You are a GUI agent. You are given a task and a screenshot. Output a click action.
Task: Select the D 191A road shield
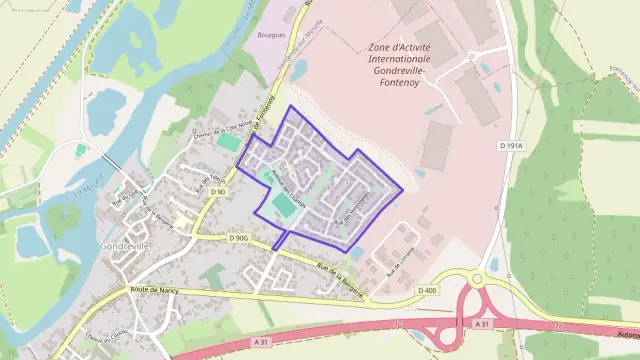[x=511, y=146]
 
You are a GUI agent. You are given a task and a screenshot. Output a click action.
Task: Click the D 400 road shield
[x=426, y=290]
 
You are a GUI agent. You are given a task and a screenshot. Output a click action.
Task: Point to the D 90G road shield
[x=237, y=238]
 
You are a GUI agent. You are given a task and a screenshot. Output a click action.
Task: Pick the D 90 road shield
[x=218, y=191]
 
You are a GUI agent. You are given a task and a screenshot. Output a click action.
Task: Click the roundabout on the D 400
[x=477, y=279]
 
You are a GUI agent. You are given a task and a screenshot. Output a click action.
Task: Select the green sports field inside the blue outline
[x=280, y=206]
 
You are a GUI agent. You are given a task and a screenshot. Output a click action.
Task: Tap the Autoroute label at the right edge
[x=627, y=336]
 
